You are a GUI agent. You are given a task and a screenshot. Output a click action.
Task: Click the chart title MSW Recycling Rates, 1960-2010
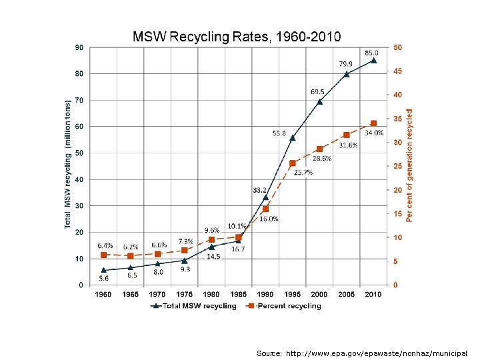click(x=237, y=36)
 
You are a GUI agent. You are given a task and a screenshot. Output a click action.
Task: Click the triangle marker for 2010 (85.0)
click(x=373, y=61)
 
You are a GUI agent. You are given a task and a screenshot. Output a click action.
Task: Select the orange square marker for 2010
click(x=373, y=123)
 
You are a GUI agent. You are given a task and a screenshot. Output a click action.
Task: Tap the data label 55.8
click(x=279, y=133)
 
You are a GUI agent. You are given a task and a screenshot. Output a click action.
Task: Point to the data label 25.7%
click(x=303, y=173)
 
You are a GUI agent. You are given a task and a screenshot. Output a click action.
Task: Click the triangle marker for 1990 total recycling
click(x=265, y=197)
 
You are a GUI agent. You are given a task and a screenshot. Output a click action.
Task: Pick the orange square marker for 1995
click(x=293, y=163)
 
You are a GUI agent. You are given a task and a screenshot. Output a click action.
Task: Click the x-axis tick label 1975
click(x=185, y=294)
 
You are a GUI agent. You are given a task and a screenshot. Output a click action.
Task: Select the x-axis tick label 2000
click(x=319, y=294)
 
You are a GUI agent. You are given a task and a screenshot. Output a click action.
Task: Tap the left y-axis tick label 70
click(x=79, y=100)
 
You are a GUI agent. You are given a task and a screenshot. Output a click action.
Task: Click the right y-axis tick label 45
click(x=397, y=71)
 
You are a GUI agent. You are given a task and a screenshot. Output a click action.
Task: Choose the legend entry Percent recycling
click(x=283, y=306)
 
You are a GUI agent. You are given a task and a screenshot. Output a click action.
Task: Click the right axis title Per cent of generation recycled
click(x=409, y=167)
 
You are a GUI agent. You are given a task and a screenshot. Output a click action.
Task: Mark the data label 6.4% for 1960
click(x=105, y=245)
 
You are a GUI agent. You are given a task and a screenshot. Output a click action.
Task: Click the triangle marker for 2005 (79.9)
click(x=346, y=74)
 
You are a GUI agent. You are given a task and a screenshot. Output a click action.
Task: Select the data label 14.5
click(x=213, y=257)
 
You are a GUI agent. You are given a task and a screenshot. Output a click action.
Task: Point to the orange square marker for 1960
click(x=103, y=255)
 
